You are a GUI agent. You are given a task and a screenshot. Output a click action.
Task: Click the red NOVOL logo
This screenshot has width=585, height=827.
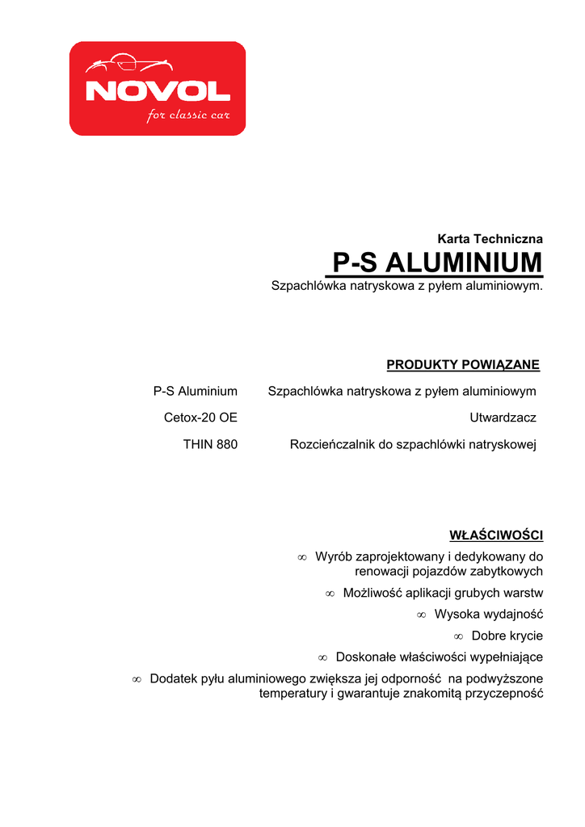click(158, 89)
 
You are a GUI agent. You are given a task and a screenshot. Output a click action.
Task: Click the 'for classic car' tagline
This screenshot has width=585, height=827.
click(188, 115)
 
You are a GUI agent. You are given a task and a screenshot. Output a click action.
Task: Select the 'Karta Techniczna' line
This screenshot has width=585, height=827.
click(490, 239)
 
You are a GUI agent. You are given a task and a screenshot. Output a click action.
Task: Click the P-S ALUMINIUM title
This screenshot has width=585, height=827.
click(437, 263)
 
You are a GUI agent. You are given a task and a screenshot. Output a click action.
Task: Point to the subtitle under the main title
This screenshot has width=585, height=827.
click(406, 286)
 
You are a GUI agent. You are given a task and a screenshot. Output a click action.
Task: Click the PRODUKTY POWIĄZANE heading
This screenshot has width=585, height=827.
click(463, 365)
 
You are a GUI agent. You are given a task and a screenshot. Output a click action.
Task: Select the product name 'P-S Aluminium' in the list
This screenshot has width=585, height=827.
click(196, 392)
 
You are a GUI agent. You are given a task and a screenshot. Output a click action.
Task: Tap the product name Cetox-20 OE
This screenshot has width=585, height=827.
click(200, 418)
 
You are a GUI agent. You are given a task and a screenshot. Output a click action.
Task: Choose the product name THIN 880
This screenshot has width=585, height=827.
click(210, 444)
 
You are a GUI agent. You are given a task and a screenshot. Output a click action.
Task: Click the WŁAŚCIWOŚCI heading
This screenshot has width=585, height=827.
click(495, 535)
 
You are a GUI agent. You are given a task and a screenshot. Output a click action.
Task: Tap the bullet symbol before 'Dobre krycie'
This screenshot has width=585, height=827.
click(458, 636)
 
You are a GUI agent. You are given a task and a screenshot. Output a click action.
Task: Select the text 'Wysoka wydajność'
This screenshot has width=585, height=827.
click(488, 615)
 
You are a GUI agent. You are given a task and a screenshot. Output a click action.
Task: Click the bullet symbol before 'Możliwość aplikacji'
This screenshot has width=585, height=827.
click(330, 594)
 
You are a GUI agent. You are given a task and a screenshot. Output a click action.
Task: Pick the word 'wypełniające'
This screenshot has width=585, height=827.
click(504, 657)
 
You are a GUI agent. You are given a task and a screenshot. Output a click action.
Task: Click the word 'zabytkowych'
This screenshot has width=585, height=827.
click(506, 571)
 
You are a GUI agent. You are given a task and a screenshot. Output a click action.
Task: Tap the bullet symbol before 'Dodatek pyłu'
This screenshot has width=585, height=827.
click(137, 679)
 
